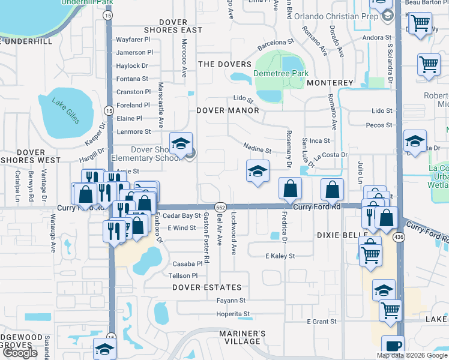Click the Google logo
pyautogui.click(x=20, y=353)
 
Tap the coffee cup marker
pyautogui.click(x=393, y=346)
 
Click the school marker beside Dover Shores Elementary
pyautogui.click(x=180, y=143)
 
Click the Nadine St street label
pyautogui.click(x=258, y=148)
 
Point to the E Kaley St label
pyautogui.click(x=280, y=256)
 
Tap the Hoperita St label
pyautogui.click(x=233, y=314)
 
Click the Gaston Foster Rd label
pyautogui.click(x=206, y=238)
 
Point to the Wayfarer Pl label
pyautogui.click(x=133, y=40)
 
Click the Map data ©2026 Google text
pyautogui.click(x=411, y=355)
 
